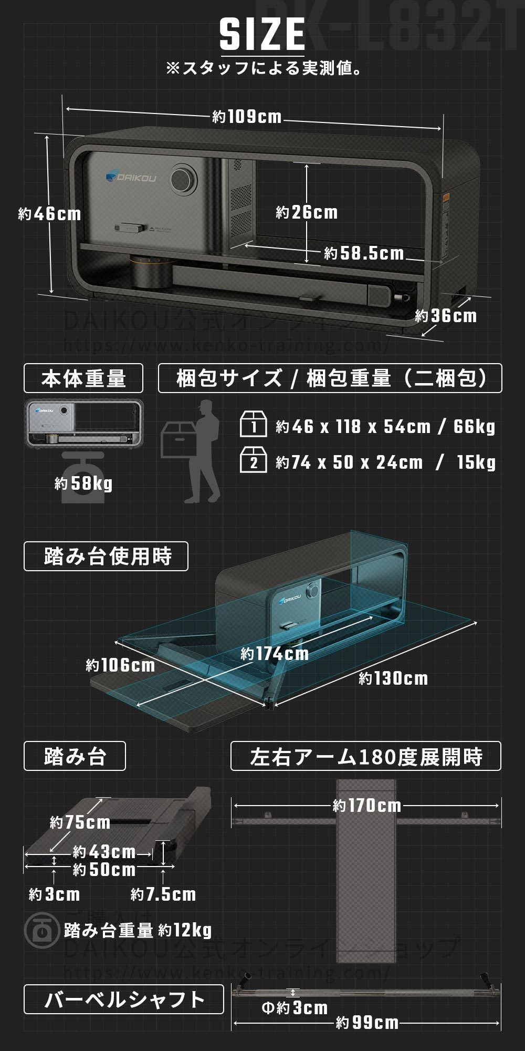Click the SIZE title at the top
tap(262, 34)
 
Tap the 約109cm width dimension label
tap(247, 116)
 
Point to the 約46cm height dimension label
tap(50, 214)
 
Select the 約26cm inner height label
tap(307, 212)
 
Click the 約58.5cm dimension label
tap(364, 253)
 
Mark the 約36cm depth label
tap(446, 316)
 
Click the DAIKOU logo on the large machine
tap(131, 178)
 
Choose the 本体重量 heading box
tap(83, 378)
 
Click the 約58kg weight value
tap(83, 483)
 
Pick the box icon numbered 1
tap(254, 425)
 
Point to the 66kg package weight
tap(474, 427)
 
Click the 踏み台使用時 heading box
tap(106, 557)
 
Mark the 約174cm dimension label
tap(275, 654)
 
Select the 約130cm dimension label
tap(393, 678)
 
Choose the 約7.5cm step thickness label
tap(163, 894)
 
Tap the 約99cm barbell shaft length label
tap(367, 1023)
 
